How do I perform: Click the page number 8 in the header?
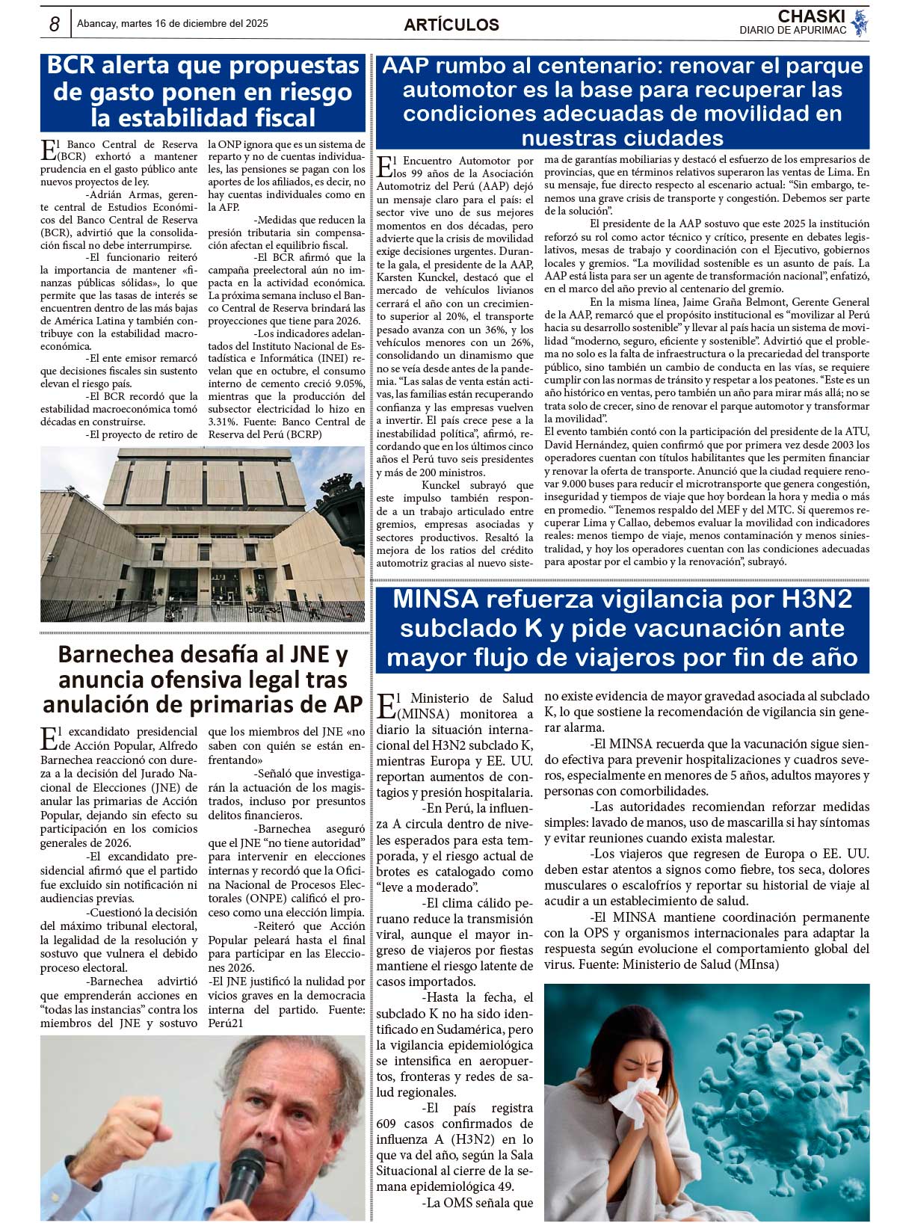pyautogui.click(x=54, y=24)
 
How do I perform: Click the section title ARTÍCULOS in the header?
pyautogui.click(x=451, y=25)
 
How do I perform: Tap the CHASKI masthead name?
pyautogui.click(x=811, y=16)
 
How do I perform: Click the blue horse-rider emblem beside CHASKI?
pyautogui.click(x=860, y=22)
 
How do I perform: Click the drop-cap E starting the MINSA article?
pyautogui.click(x=386, y=705)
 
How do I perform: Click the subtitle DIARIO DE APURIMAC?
pyautogui.click(x=792, y=31)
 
